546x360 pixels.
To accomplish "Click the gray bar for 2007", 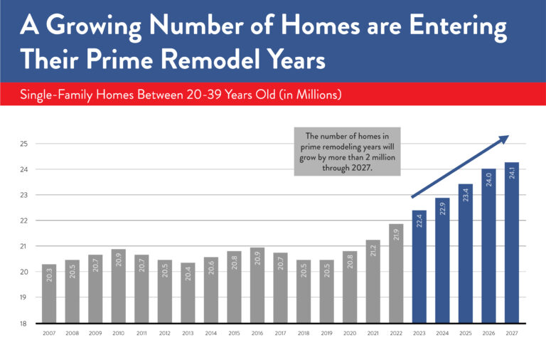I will [x=49, y=293].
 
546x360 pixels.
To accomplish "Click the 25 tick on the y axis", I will [x=23, y=144].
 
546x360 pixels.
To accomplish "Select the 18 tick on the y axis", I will [x=23, y=323].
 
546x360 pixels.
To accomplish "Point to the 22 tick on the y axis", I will [x=23, y=221].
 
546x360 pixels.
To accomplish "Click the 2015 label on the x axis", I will [x=235, y=333].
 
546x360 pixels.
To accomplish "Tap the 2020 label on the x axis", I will [x=350, y=333].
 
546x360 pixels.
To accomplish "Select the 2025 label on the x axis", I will [x=466, y=333].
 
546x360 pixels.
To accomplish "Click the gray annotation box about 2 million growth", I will [x=347, y=151].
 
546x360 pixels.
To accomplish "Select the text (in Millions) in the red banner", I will [x=306, y=94].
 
